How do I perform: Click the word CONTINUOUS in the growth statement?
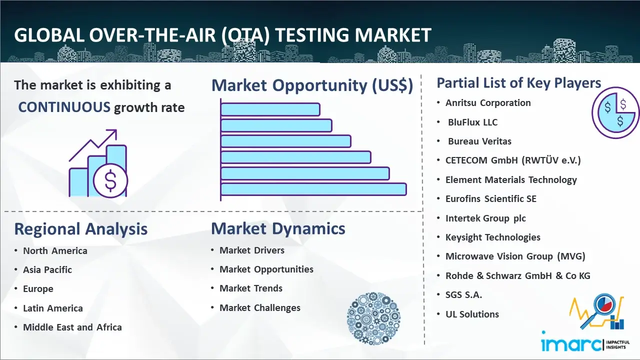point(64,107)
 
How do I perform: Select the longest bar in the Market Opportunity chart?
point(313,189)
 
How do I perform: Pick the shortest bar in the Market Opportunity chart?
point(270,109)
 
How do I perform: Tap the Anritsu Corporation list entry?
point(487,103)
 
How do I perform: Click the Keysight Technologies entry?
point(493,237)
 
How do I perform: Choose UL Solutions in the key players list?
point(472,314)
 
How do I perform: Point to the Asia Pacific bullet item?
point(47,269)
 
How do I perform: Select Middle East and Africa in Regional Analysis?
point(72,327)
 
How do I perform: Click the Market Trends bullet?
point(251,288)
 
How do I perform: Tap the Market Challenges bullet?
point(259,307)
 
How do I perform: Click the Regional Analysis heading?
point(81,229)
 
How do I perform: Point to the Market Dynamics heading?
point(278,228)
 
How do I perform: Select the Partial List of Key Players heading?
point(519,83)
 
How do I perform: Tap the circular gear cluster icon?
point(373,318)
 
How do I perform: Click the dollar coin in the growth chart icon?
point(110,180)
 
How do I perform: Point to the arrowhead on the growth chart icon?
point(112,133)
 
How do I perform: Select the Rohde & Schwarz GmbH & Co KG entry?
point(517,275)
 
